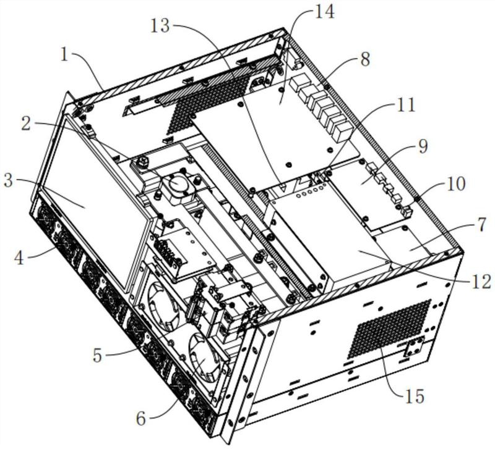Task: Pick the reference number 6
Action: point(142,418)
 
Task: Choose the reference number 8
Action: point(364,61)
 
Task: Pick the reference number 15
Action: point(414,395)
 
